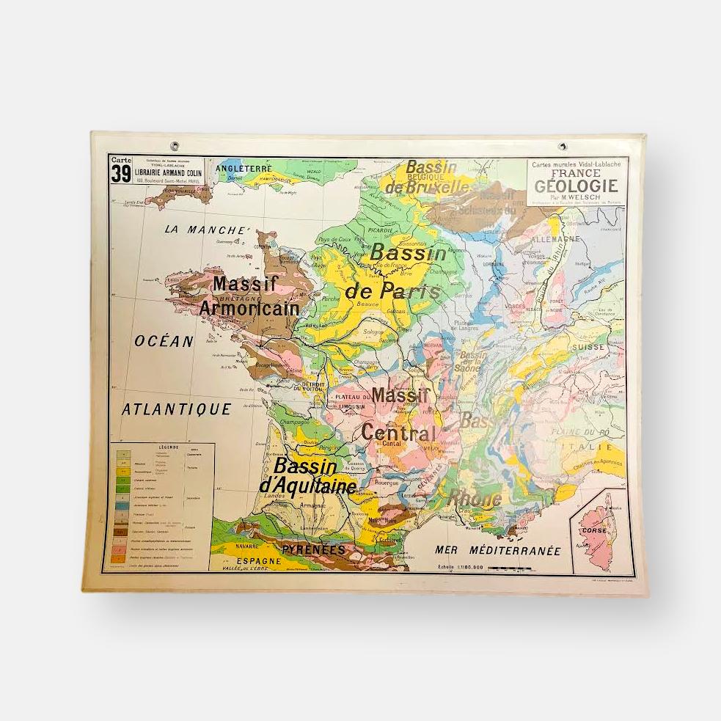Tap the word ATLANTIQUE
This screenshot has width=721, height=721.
point(176,409)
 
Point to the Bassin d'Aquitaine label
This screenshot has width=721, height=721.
point(307,476)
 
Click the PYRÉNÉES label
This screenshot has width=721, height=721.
point(313,549)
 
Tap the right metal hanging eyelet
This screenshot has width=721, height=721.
point(562,147)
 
